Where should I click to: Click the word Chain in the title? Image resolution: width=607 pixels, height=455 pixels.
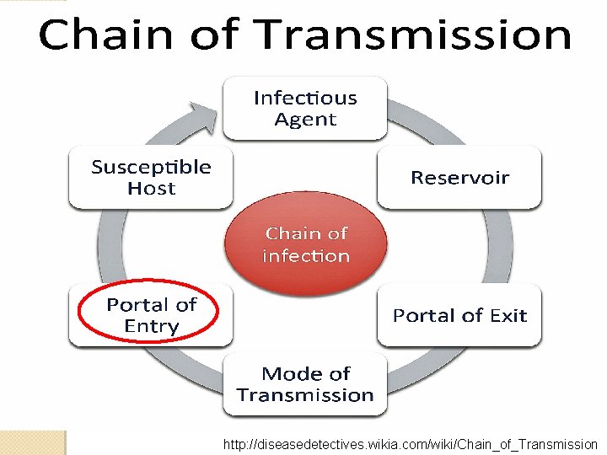pyautogui.click(x=103, y=35)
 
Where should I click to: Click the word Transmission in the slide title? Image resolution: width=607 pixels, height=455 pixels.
pyautogui.click(x=415, y=35)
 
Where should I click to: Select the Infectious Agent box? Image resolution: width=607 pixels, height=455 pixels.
pyautogui.click(x=305, y=108)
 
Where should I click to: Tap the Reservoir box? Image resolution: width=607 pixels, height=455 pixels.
pyautogui.click(x=459, y=177)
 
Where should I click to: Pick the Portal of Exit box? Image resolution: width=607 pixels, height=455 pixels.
pyautogui.click(x=459, y=315)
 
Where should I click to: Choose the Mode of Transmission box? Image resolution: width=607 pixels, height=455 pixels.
pyautogui.click(x=305, y=384)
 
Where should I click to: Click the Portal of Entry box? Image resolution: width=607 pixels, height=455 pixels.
pyautogui.click(x=151, y=315)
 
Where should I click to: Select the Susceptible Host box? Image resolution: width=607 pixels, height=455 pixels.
pyautogui.click(x=151, y=177)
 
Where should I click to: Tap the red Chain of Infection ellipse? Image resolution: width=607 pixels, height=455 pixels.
pyautogui.click(x=305, y=244)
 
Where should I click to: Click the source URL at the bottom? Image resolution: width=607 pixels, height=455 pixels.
pyautogui.click(x=410, y=444)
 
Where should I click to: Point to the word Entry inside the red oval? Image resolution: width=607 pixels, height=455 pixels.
pyautogui.click(x=151, y=326)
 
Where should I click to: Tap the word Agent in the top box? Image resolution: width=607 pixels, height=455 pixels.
pyautogui.click(x=305, y=120)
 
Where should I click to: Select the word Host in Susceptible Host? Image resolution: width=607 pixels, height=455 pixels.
pyautogui.click(x=151, y=189)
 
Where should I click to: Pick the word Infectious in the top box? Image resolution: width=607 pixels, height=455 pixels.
pyautogui.click(x=305, y=98)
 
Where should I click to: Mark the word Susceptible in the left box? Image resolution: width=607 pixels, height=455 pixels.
pyautogui.click(x=151, y=167)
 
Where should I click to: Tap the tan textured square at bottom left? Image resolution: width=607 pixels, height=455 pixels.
pyautogui.click(x=32, y=442)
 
